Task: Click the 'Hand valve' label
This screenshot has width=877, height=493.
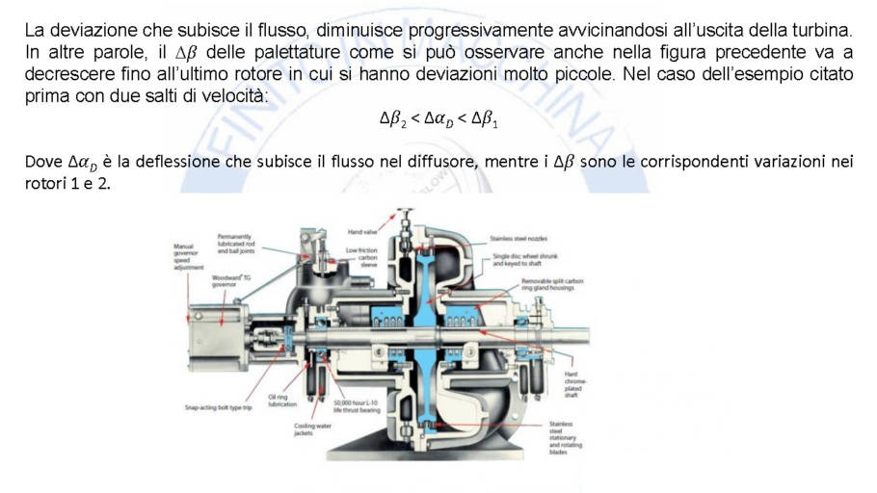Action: pyautogui.click(x=361, y=232)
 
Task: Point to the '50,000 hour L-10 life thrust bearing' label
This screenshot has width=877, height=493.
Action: pyautogui.click(x=358, y=406)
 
